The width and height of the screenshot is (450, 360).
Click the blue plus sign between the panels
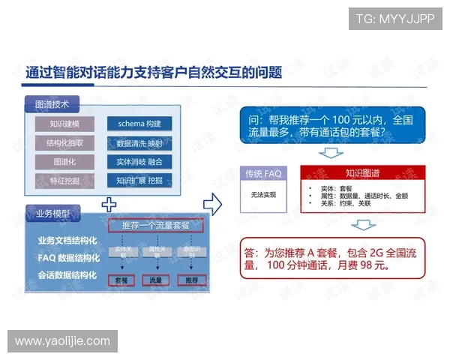point(109,202)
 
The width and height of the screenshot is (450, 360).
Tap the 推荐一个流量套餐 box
point(156,225)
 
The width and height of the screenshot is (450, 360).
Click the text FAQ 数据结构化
point(67,257)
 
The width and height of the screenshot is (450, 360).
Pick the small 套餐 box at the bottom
point(122,280)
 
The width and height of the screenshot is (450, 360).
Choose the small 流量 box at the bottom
point(156,280)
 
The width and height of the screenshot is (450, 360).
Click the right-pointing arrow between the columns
point(214,202)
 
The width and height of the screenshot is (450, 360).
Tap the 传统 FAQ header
point(263,173)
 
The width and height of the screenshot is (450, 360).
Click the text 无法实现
point(263,194)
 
